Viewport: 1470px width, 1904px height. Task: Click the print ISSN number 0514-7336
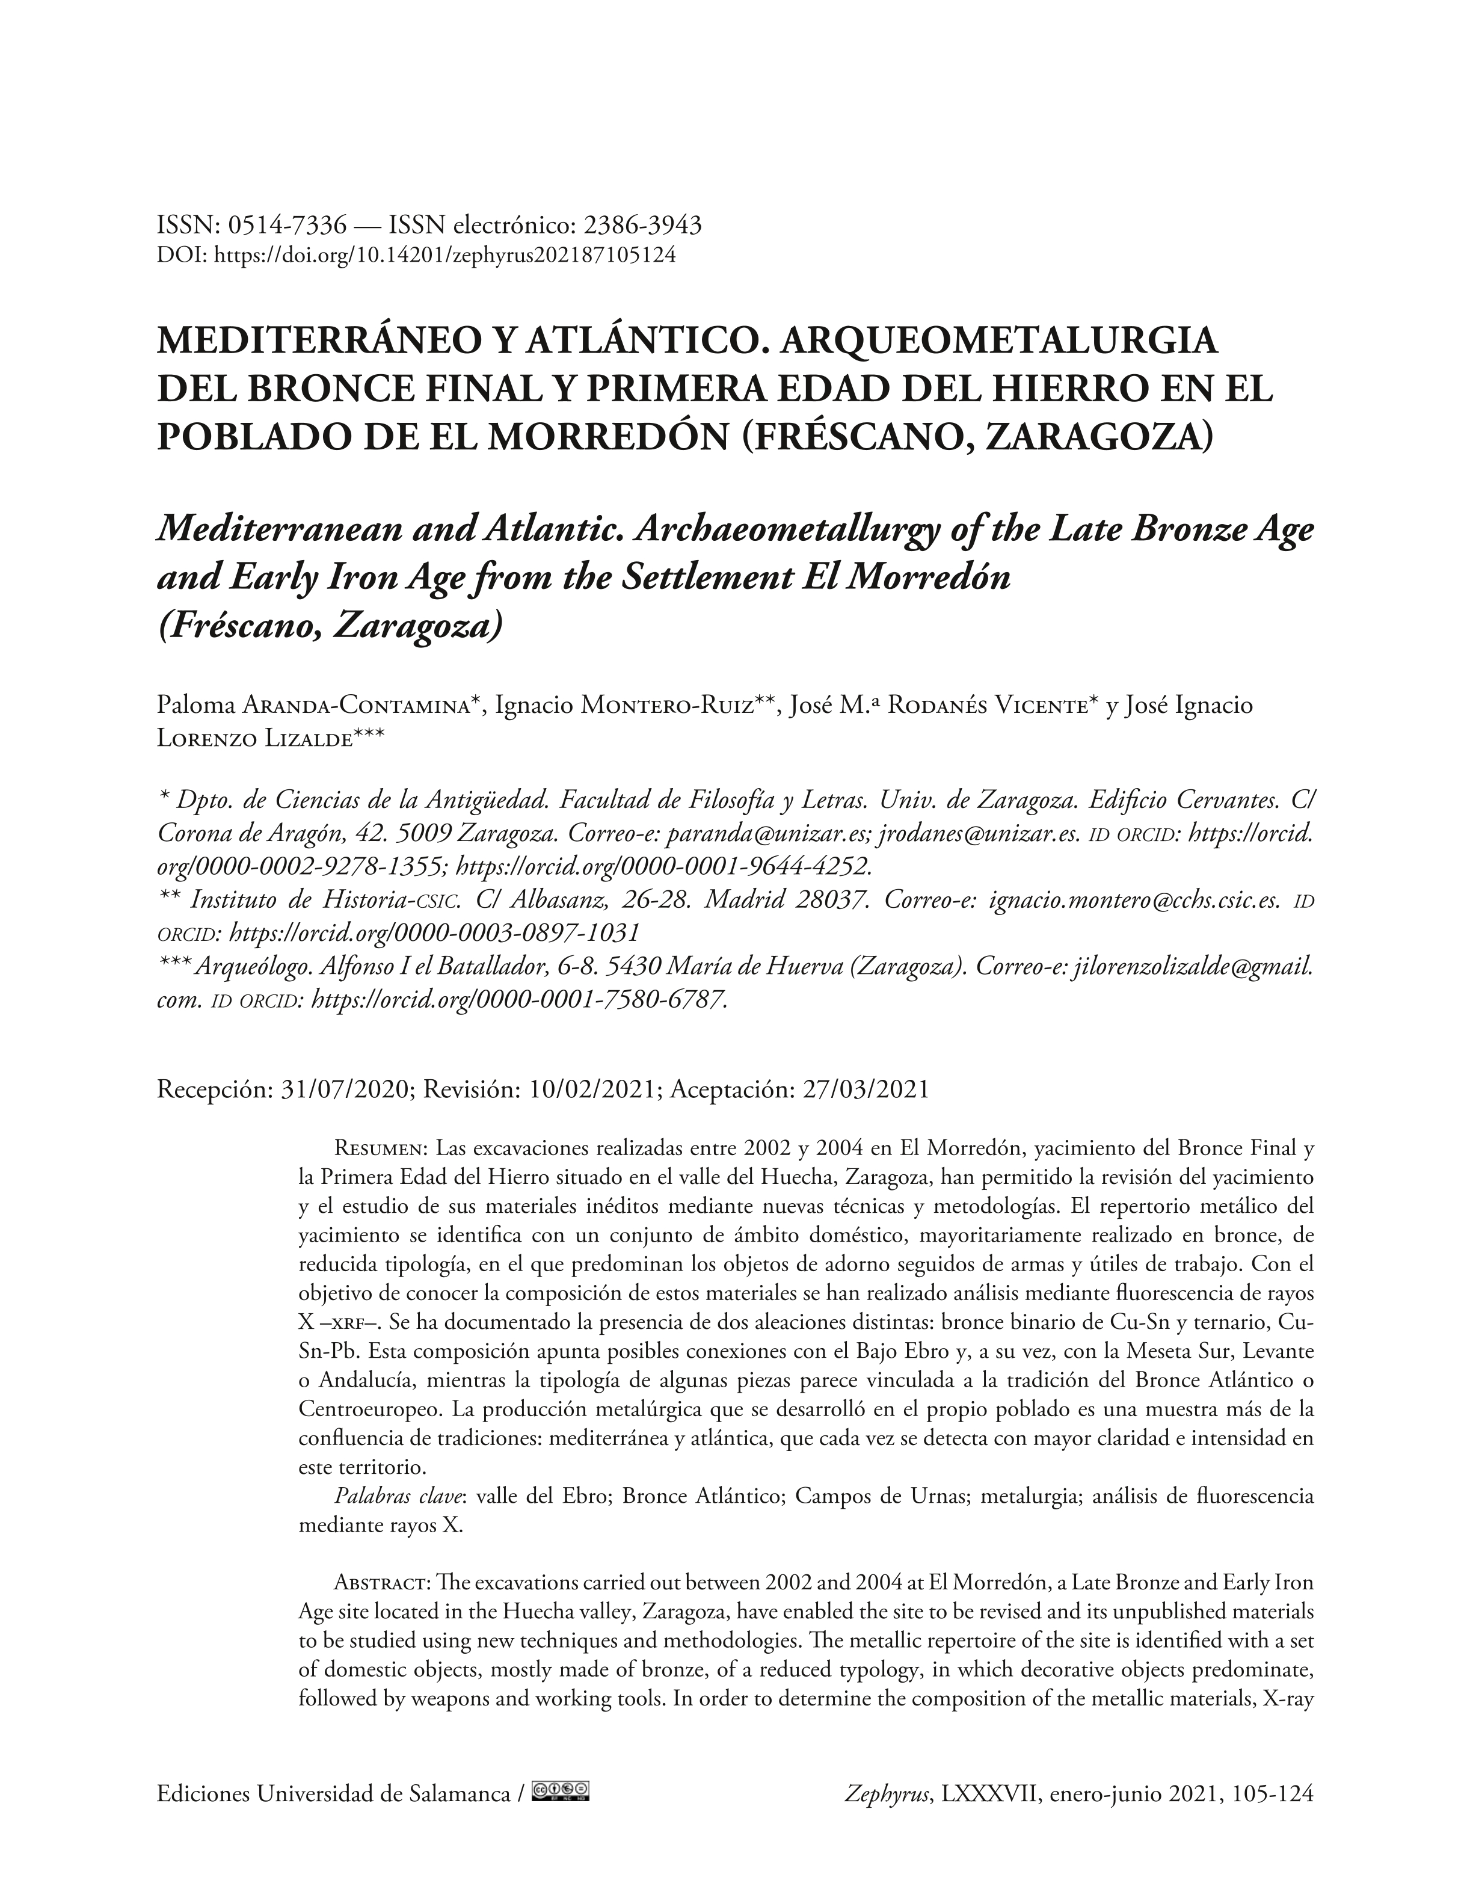coord(288,226)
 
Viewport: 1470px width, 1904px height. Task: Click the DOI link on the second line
coord(444,256)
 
